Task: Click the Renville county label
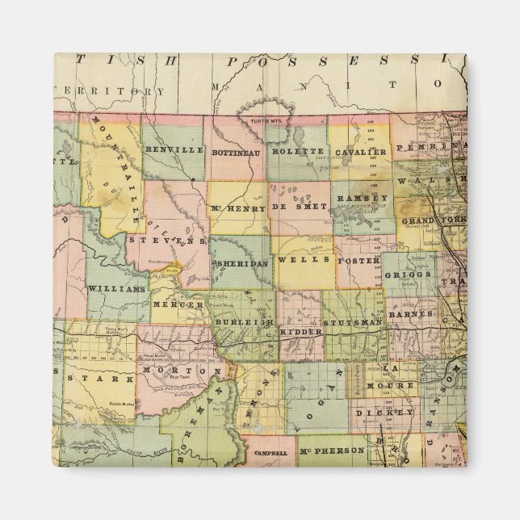174,150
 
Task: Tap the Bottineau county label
234,151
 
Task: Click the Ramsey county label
362,198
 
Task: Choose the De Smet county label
300,207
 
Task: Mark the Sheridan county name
239,263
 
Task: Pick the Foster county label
356,261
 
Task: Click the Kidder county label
300,331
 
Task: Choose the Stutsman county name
352,322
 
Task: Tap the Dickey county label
384,413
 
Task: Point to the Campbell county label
270,453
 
